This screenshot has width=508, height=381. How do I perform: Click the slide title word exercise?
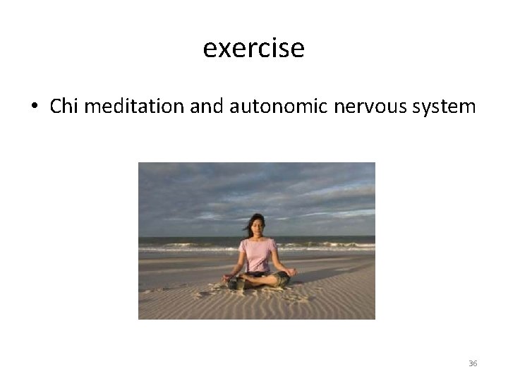pyautogui.click(x=253, y=49)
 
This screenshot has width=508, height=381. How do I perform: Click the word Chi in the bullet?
pyautogui.click(x=64, y=107)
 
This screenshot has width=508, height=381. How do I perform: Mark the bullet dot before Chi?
pyautogui.click(x=34, y=108)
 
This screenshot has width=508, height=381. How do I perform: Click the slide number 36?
pyautogui.click(x=473, y=363)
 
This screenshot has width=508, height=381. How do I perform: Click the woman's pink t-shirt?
pyautogui.click(x=258, y=254)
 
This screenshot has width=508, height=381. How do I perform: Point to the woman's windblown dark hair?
pyautogui.click(x=248, y=224)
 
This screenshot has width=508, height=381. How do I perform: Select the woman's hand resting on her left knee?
pyautogui.click(x=291, y=272)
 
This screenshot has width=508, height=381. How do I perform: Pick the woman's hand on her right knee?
pyautogui.click(x=226, y=277)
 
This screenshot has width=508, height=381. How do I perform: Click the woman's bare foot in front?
pyautogui.click(x=240, y=284)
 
